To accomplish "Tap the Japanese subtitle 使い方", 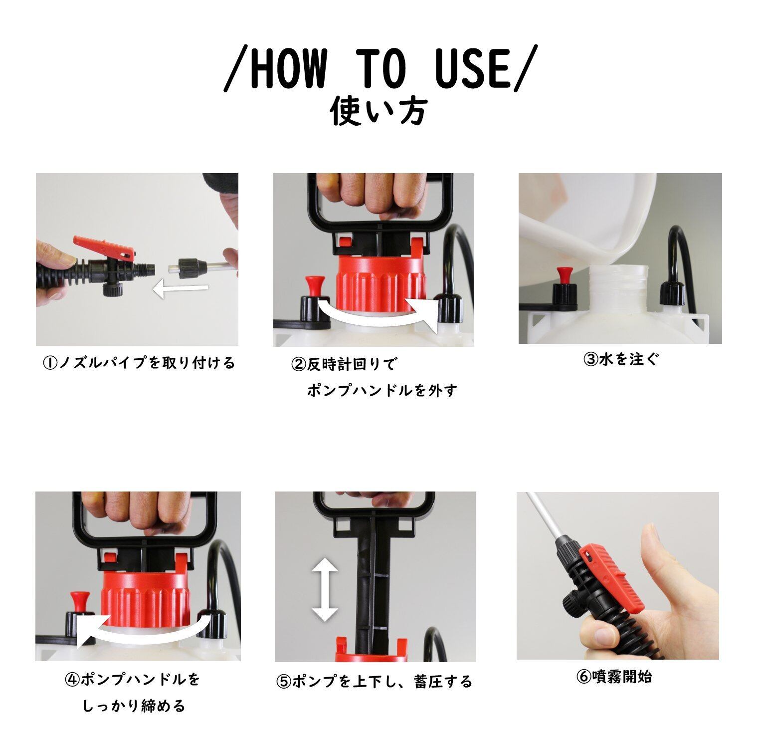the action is point(379,111).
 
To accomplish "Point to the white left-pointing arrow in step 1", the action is point(180,288).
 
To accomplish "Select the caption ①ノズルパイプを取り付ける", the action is point(139,363).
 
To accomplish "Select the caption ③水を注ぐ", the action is point(621,359).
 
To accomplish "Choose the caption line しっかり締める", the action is point(134,706).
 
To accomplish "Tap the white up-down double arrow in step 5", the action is point(325,589).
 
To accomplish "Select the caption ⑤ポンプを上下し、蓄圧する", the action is point(375,682).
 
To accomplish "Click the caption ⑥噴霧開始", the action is point(614,677).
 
